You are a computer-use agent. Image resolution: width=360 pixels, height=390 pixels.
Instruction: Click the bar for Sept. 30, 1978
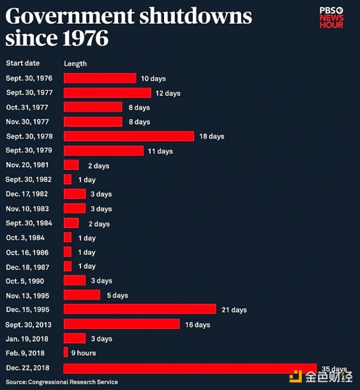point(129,136)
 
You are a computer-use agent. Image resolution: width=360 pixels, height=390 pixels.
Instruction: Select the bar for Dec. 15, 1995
point(139,309)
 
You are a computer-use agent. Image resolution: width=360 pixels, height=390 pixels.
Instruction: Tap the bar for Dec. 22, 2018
point(190,368)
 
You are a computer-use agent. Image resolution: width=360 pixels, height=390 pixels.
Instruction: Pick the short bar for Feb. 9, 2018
point(65,352)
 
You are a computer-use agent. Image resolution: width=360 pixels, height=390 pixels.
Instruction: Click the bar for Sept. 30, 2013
point(121,324)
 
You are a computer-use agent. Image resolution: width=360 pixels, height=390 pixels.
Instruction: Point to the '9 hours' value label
point(83,353)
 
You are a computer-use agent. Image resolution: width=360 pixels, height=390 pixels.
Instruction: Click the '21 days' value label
point(234,310)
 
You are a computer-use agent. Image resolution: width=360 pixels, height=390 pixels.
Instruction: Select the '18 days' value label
point(212,136)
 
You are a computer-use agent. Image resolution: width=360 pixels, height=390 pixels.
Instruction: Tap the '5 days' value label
point(117,295)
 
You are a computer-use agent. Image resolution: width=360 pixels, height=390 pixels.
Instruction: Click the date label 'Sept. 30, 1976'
point(29,78)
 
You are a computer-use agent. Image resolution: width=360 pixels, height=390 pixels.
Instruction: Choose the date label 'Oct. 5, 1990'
point(25,281)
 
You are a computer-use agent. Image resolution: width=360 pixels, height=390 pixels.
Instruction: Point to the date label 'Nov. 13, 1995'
point(28,295)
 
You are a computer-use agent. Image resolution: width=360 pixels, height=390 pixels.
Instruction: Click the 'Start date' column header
point(23,63)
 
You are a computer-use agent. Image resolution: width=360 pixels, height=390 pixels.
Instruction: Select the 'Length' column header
point(75,64)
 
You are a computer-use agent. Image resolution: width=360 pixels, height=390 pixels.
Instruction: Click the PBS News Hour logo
point(331,17)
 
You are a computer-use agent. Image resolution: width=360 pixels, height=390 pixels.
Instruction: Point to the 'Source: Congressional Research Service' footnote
point(62,382)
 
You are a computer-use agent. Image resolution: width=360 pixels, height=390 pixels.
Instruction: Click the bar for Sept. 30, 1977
point(107,93)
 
